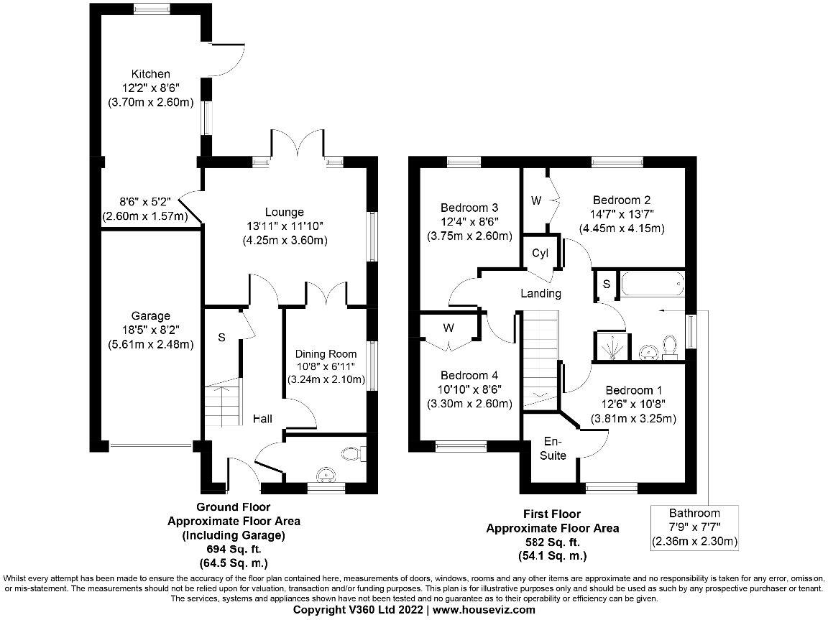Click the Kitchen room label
(x=150, y=74)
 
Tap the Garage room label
(x=150, y=315)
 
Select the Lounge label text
(x=285, y=212)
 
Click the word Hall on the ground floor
(x=262, y=419)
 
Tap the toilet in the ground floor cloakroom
(x=353, y=453)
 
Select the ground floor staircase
(x=221, y=405)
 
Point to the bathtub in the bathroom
(x=653, y=284)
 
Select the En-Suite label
(x=554, y=448)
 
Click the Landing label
(x=540, y=293)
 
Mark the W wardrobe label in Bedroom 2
(x=536, y=200)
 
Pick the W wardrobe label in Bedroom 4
(x=448, y=328)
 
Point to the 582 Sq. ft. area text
(x=552, y=542)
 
